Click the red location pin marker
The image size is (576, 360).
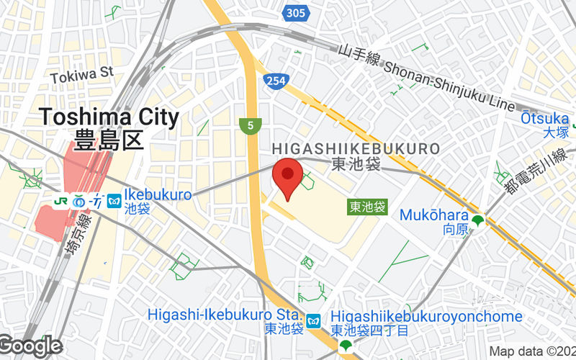click(x=288, y=176)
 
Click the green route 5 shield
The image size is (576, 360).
click(x=249, y=126)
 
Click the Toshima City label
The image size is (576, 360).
click(x=109, y=116)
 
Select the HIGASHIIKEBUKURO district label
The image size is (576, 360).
click(x=356, y=148)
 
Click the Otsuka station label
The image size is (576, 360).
click(x=545, y=118)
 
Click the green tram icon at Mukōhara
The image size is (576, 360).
click(x=477, y=220)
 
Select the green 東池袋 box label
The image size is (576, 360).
click(x=367, y=207)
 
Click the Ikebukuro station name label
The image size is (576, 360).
click(x=158, y=194)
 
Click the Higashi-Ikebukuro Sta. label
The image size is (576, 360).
click(x=223, y=315)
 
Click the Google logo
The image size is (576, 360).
click(x=30, y=346)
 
